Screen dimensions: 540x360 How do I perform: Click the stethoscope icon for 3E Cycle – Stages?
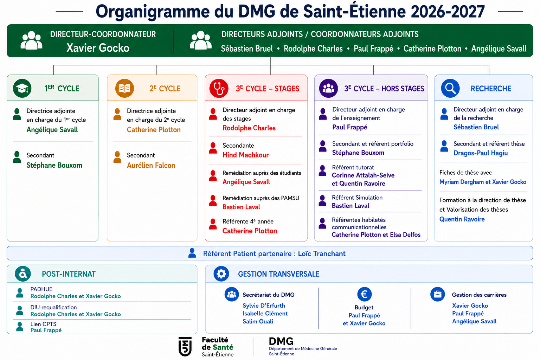tap(219, 88)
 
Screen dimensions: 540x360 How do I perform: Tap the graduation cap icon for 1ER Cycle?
tap(22, 88)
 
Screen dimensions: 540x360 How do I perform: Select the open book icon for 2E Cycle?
tap(124, 88)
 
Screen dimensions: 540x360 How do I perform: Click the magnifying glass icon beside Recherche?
tap(450, 88)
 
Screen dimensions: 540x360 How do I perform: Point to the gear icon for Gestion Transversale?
tap(221, 274)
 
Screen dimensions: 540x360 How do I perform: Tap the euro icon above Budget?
tap(364, 294)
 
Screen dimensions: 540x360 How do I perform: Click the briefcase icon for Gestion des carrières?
tap(438, 294)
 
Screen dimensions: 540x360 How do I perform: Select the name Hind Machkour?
tap(245, 155)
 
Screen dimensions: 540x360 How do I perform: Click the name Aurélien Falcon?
tap(151, 166)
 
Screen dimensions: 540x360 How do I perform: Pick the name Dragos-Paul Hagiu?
tap(481, 153)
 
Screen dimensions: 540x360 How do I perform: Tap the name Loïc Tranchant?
tap(322, 253)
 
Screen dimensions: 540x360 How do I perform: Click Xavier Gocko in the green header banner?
tap(98, 48)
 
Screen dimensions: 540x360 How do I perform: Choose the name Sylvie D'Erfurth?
tap(264, 306)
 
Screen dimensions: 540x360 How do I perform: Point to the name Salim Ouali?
tap(258, 321)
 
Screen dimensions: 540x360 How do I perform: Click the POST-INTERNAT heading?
tap(69, 274)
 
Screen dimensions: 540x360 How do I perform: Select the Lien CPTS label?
tap(43, 324)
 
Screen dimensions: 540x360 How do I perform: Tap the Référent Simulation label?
tap(357, 198)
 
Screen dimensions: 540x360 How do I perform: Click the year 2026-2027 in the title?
tap(448, 12)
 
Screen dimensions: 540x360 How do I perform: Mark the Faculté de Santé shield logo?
tap(185, 347)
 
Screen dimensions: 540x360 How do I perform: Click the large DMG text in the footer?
tap(281, 341)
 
